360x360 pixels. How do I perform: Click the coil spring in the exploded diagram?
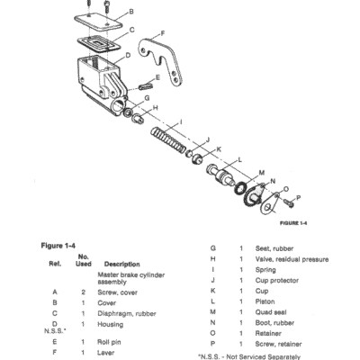coord(168,139)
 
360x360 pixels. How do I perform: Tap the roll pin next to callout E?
coord(146,86)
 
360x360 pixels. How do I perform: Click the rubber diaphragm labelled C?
coord(99,44)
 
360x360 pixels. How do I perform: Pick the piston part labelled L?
coord(221,175)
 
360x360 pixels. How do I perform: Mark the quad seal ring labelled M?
coord(240,188)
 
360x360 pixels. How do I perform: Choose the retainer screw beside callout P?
coord(289,203)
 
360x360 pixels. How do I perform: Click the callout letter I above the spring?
coord(181,122)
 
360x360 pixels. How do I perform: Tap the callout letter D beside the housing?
coord(128,56)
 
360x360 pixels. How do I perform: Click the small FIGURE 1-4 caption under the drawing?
coord(293,223)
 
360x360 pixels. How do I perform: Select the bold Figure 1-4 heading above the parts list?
coord(58,246)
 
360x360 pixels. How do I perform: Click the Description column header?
coord(121,265)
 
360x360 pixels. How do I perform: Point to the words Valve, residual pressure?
coord(292,259)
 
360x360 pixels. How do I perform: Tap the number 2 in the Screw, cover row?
coord(83,292)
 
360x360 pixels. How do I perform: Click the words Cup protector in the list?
coord(277,281)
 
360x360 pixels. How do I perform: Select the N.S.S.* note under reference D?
coord(55,331)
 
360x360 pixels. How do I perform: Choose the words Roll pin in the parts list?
coord(109,342)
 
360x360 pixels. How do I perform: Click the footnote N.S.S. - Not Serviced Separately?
coord(249,356)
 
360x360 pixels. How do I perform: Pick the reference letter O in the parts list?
coord(212,333)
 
